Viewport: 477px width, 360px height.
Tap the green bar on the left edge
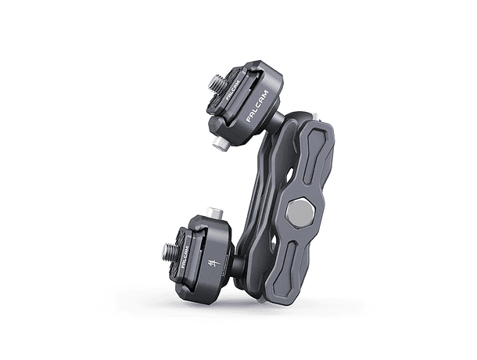pyautogui.click(x=29, y=180)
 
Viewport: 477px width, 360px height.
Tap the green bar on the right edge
pyautogui.click(x=447, y=180)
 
